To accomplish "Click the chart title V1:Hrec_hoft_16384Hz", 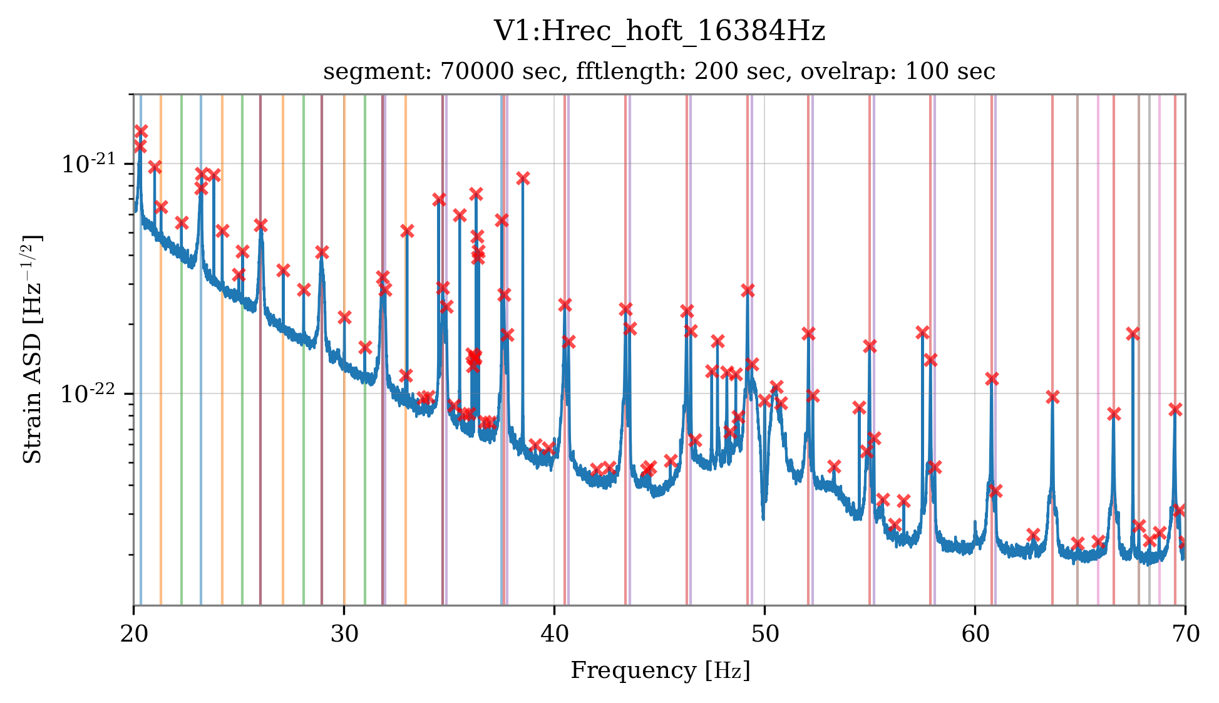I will point(659,31).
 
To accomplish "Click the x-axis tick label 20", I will point(133,634).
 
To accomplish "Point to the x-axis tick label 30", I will point(344,634).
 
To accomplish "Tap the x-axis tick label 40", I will point(554,634).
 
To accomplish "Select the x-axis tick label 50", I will point(764,634).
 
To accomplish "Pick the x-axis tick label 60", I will point(975,634).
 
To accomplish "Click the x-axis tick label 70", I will point(1185,634).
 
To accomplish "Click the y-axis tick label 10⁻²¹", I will point(88,164).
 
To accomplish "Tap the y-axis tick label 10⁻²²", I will point(88,394).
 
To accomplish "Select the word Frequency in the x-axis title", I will point(633,670).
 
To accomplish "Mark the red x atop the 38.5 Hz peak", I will point(523,179).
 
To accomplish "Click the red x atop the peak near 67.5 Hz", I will point(1133,333).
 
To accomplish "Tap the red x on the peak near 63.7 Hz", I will point(1052,397).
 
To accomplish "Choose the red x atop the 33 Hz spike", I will point(407,231).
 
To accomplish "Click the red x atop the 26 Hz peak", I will point(260,225).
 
